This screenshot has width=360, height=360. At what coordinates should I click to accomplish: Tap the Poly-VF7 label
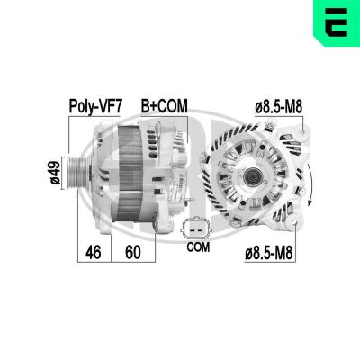[x=95, y=105]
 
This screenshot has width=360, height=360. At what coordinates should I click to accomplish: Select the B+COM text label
[x=164, y=105]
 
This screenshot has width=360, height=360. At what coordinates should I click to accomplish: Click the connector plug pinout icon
[x=198, y=226]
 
